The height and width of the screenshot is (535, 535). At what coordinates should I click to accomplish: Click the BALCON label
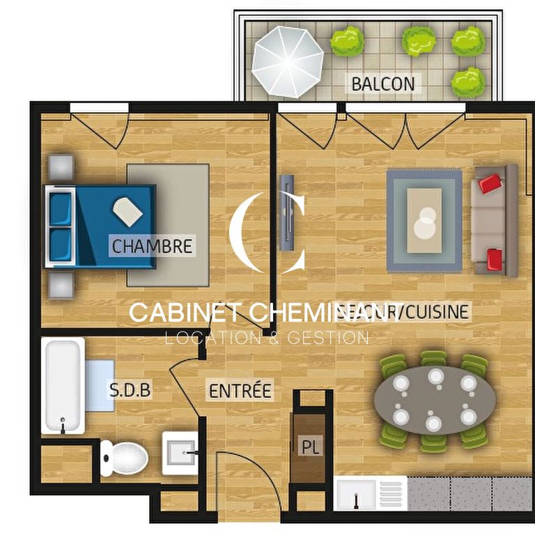[x=382, y=84]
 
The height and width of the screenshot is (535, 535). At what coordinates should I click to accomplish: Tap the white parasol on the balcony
[x=287, y=61]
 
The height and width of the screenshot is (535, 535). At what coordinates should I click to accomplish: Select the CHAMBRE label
[x=152, y=246]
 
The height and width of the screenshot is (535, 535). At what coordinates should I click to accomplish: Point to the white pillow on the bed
[x=127, y=211]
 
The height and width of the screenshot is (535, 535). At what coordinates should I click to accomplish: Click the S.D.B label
[x=130, y=390]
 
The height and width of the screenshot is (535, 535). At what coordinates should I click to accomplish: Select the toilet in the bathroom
[x=124, y=459]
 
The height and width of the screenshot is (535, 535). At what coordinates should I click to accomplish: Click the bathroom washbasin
[x=180, y=453]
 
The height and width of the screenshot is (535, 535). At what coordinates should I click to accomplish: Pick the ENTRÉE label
[x=240, y=391]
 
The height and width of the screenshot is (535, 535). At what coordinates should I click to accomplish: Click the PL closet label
[x=311, y=447]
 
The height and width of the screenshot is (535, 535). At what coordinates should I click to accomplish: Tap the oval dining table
[x=435, y=399]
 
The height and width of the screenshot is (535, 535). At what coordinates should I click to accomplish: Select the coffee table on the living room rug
[x=424, y=220]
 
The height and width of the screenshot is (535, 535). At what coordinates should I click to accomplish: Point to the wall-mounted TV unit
[x=286, y=212]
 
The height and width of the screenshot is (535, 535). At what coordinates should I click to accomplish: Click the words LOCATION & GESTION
[x=266, y=339]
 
